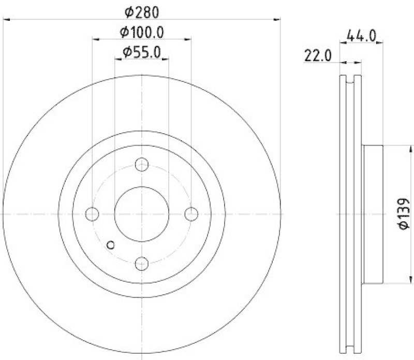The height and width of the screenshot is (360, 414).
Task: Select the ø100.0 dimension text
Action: tap(142, 32)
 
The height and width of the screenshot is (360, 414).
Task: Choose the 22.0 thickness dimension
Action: tap(317, 55)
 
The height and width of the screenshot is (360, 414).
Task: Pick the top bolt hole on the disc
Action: tap(142, 165)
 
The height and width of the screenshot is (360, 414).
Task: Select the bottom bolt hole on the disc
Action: tap(142, 263)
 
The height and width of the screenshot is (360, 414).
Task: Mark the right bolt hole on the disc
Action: tap(191, 213)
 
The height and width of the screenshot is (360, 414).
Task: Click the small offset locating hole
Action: tap(110, 246)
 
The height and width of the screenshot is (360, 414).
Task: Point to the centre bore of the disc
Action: tap(142, 213)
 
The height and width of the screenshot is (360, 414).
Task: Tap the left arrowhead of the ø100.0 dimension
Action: tap(95, 39)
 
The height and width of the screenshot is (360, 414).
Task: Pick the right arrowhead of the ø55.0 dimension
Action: tap(167, 59)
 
